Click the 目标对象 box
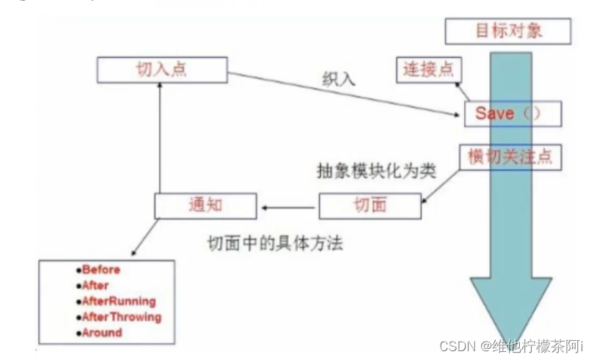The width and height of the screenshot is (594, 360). coord(507,32)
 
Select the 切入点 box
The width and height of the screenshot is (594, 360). coord(158,70)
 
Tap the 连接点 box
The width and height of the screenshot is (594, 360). coord(428,70)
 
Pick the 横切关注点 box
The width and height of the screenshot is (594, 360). coord(510,156)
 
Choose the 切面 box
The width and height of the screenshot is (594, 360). coord(370,205)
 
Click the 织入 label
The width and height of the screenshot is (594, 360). coord(338,79)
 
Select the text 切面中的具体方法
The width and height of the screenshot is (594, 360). coord(276,243)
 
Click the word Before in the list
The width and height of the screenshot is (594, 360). coord(101,269)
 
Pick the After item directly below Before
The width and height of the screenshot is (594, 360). coord(95,285)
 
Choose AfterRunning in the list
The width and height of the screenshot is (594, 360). coord(119,301)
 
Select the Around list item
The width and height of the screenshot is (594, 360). coord(102,332)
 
